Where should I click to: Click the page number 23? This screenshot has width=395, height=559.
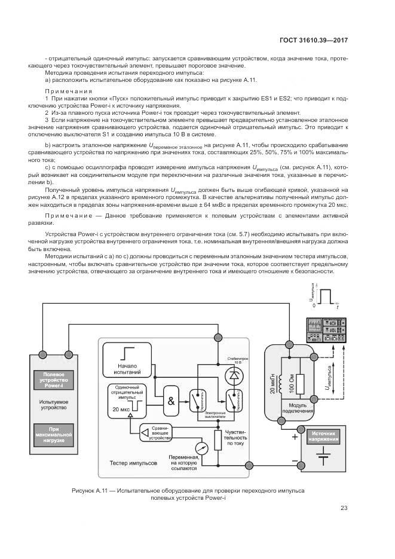[x=344, y=508]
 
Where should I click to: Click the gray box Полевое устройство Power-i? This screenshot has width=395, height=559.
[x=53, y=380]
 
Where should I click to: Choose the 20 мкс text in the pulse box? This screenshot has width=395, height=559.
[x=120, y=409]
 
